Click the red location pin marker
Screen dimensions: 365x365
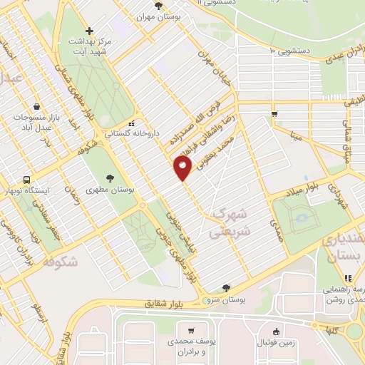click(182, 168)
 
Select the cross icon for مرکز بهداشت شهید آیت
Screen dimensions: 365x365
click(88, 31)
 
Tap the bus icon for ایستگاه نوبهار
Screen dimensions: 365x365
click(26, 180)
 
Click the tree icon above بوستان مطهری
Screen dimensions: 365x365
click(110, 179)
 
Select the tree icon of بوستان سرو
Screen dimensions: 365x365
click(226, 289)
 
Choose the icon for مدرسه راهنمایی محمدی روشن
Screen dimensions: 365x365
click(347, 279)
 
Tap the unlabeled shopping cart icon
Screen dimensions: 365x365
click(274, 114)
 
